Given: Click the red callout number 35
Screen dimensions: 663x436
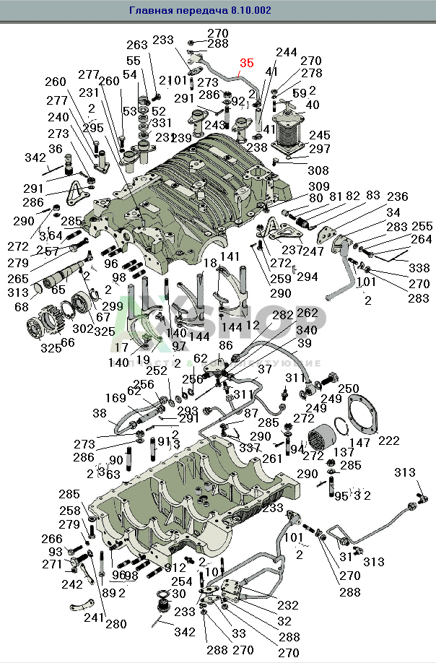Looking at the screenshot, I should tap(246, 64).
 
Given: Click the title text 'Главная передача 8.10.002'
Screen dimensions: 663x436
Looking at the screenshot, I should tap(200, 11).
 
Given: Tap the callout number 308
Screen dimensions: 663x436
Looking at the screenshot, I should tap(318, 171).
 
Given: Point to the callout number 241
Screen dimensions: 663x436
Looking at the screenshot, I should tap(93, 618).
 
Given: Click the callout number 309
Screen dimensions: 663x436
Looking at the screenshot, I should tap(318, 187).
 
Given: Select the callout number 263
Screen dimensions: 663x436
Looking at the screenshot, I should tap(137, 45).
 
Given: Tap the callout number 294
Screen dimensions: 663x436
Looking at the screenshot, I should tap(308, 277).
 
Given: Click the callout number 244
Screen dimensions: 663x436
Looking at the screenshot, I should tap(287, 52).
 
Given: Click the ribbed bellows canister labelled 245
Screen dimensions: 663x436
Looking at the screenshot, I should tap(295, 135).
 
